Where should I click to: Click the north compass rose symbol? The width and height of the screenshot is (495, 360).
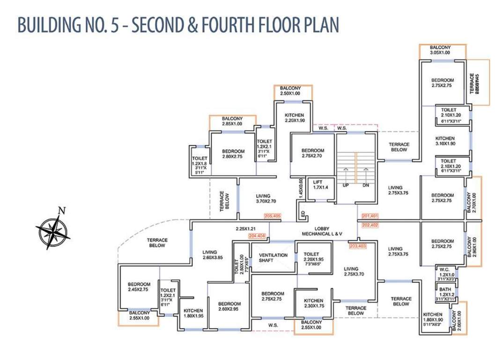point(52,231)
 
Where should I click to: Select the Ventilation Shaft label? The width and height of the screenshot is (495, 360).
point(273,258)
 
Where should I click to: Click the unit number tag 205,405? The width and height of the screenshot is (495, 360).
point(272,216)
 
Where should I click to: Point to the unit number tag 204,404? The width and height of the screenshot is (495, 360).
point(257,236)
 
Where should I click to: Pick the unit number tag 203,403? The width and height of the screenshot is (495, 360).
point(357,245)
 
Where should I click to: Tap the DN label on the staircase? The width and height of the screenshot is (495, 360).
point(366,186)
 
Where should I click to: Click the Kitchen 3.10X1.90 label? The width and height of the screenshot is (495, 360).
point(444,141)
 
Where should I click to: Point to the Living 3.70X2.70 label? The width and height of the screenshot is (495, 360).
point(266,199)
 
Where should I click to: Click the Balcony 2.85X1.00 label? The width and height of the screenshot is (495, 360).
point(232,120)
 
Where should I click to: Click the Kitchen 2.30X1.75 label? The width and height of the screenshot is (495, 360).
point(313,303)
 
